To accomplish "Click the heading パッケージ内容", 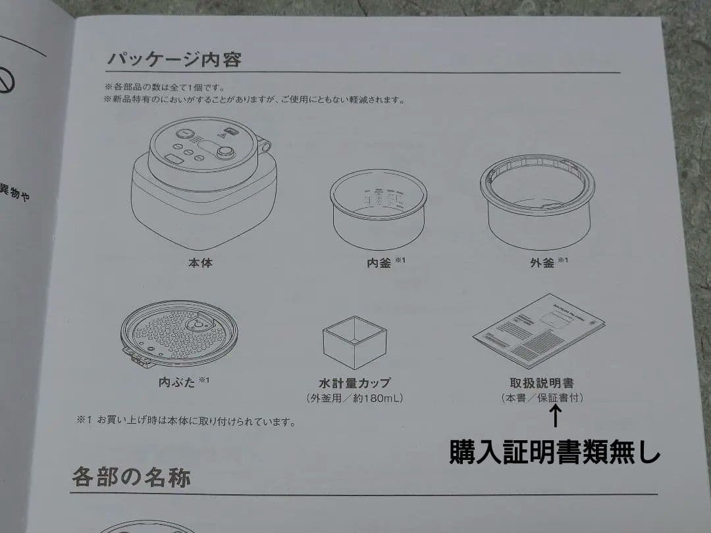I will (174, 59).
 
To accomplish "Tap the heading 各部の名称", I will (131, 476).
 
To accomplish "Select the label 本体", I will (200, 263).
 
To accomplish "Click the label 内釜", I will (379, 263).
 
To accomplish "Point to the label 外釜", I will (542, 263).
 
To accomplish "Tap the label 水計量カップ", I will (354, 382).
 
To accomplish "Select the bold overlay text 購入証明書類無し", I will (554, 452).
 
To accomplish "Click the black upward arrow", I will (555, 417).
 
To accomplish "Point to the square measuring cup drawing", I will (354, 342).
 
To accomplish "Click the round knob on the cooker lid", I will (226, 153).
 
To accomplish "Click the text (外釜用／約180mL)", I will (354, 398).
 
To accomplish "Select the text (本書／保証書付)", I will (541, 398).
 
